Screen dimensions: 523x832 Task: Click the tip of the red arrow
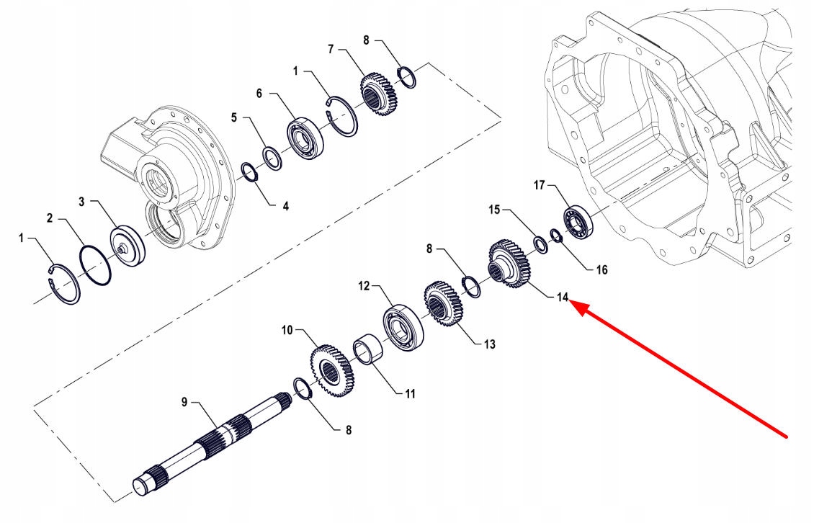point(573,305)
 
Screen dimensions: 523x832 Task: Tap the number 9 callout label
point(184,401)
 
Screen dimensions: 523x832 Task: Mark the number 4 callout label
point(285,206)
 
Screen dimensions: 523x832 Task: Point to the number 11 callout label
point(409,394)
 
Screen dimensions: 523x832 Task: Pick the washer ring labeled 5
point(272,158)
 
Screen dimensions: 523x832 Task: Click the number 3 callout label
point(82,202)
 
